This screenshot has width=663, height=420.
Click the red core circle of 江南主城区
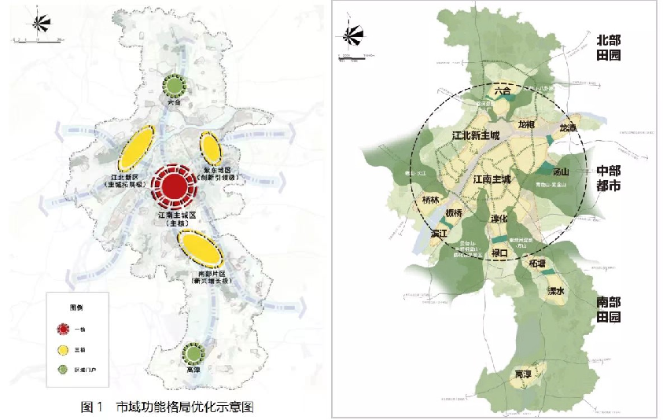173,186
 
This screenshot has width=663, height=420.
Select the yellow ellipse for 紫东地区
210,147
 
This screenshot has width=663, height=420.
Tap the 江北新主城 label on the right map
476,135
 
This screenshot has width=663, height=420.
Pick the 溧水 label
547,291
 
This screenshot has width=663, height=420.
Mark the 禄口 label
500,253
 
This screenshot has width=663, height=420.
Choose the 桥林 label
432,201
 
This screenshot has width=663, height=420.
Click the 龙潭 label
567,127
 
